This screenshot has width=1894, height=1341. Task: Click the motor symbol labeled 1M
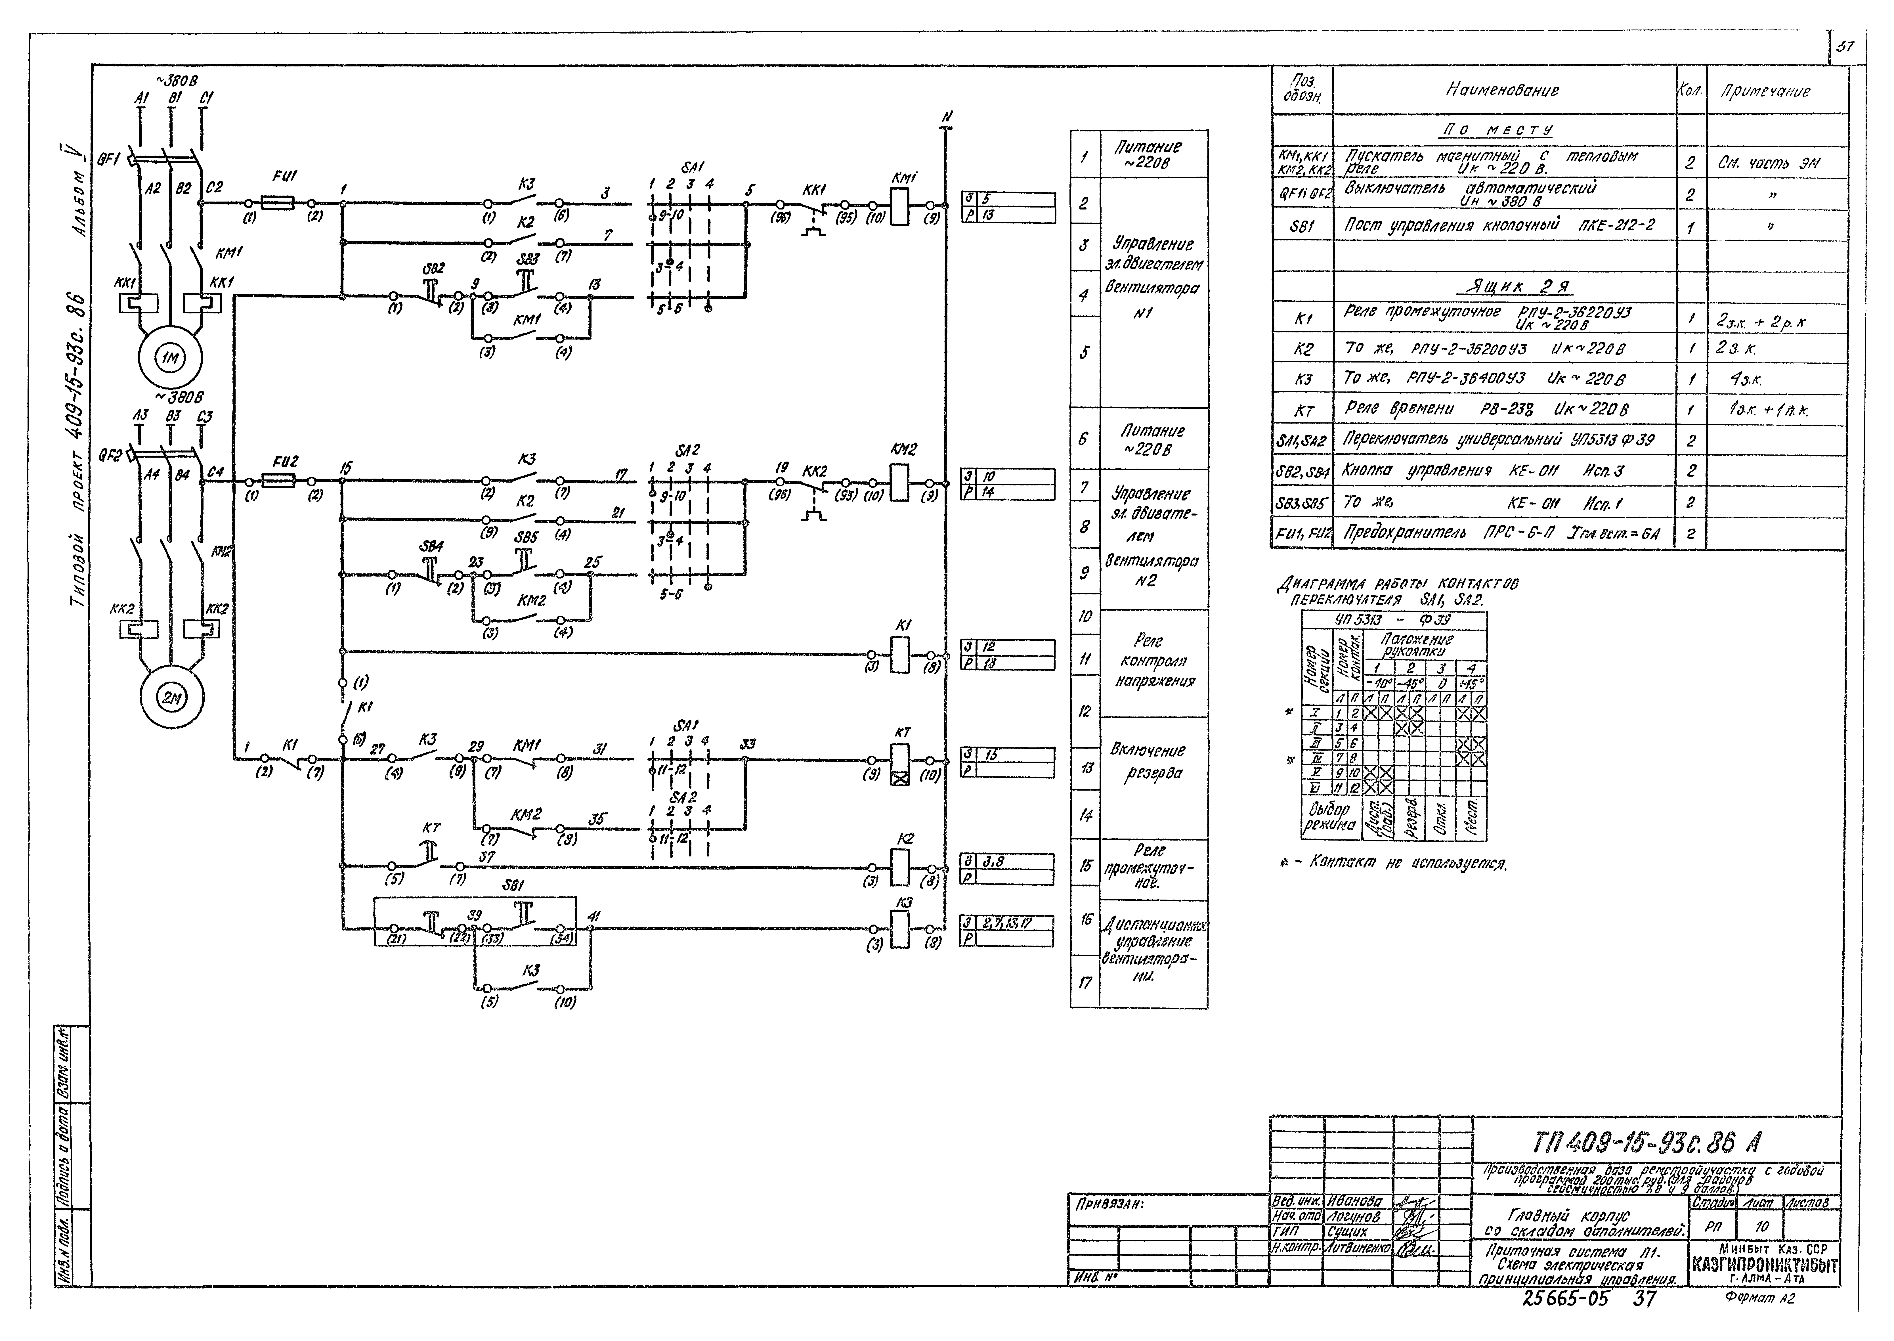click(172, 358)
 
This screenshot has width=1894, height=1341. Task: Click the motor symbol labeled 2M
click(172, 698)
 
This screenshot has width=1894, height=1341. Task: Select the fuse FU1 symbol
click(280, 202)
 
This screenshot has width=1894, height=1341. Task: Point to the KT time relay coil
click(900, 764)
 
